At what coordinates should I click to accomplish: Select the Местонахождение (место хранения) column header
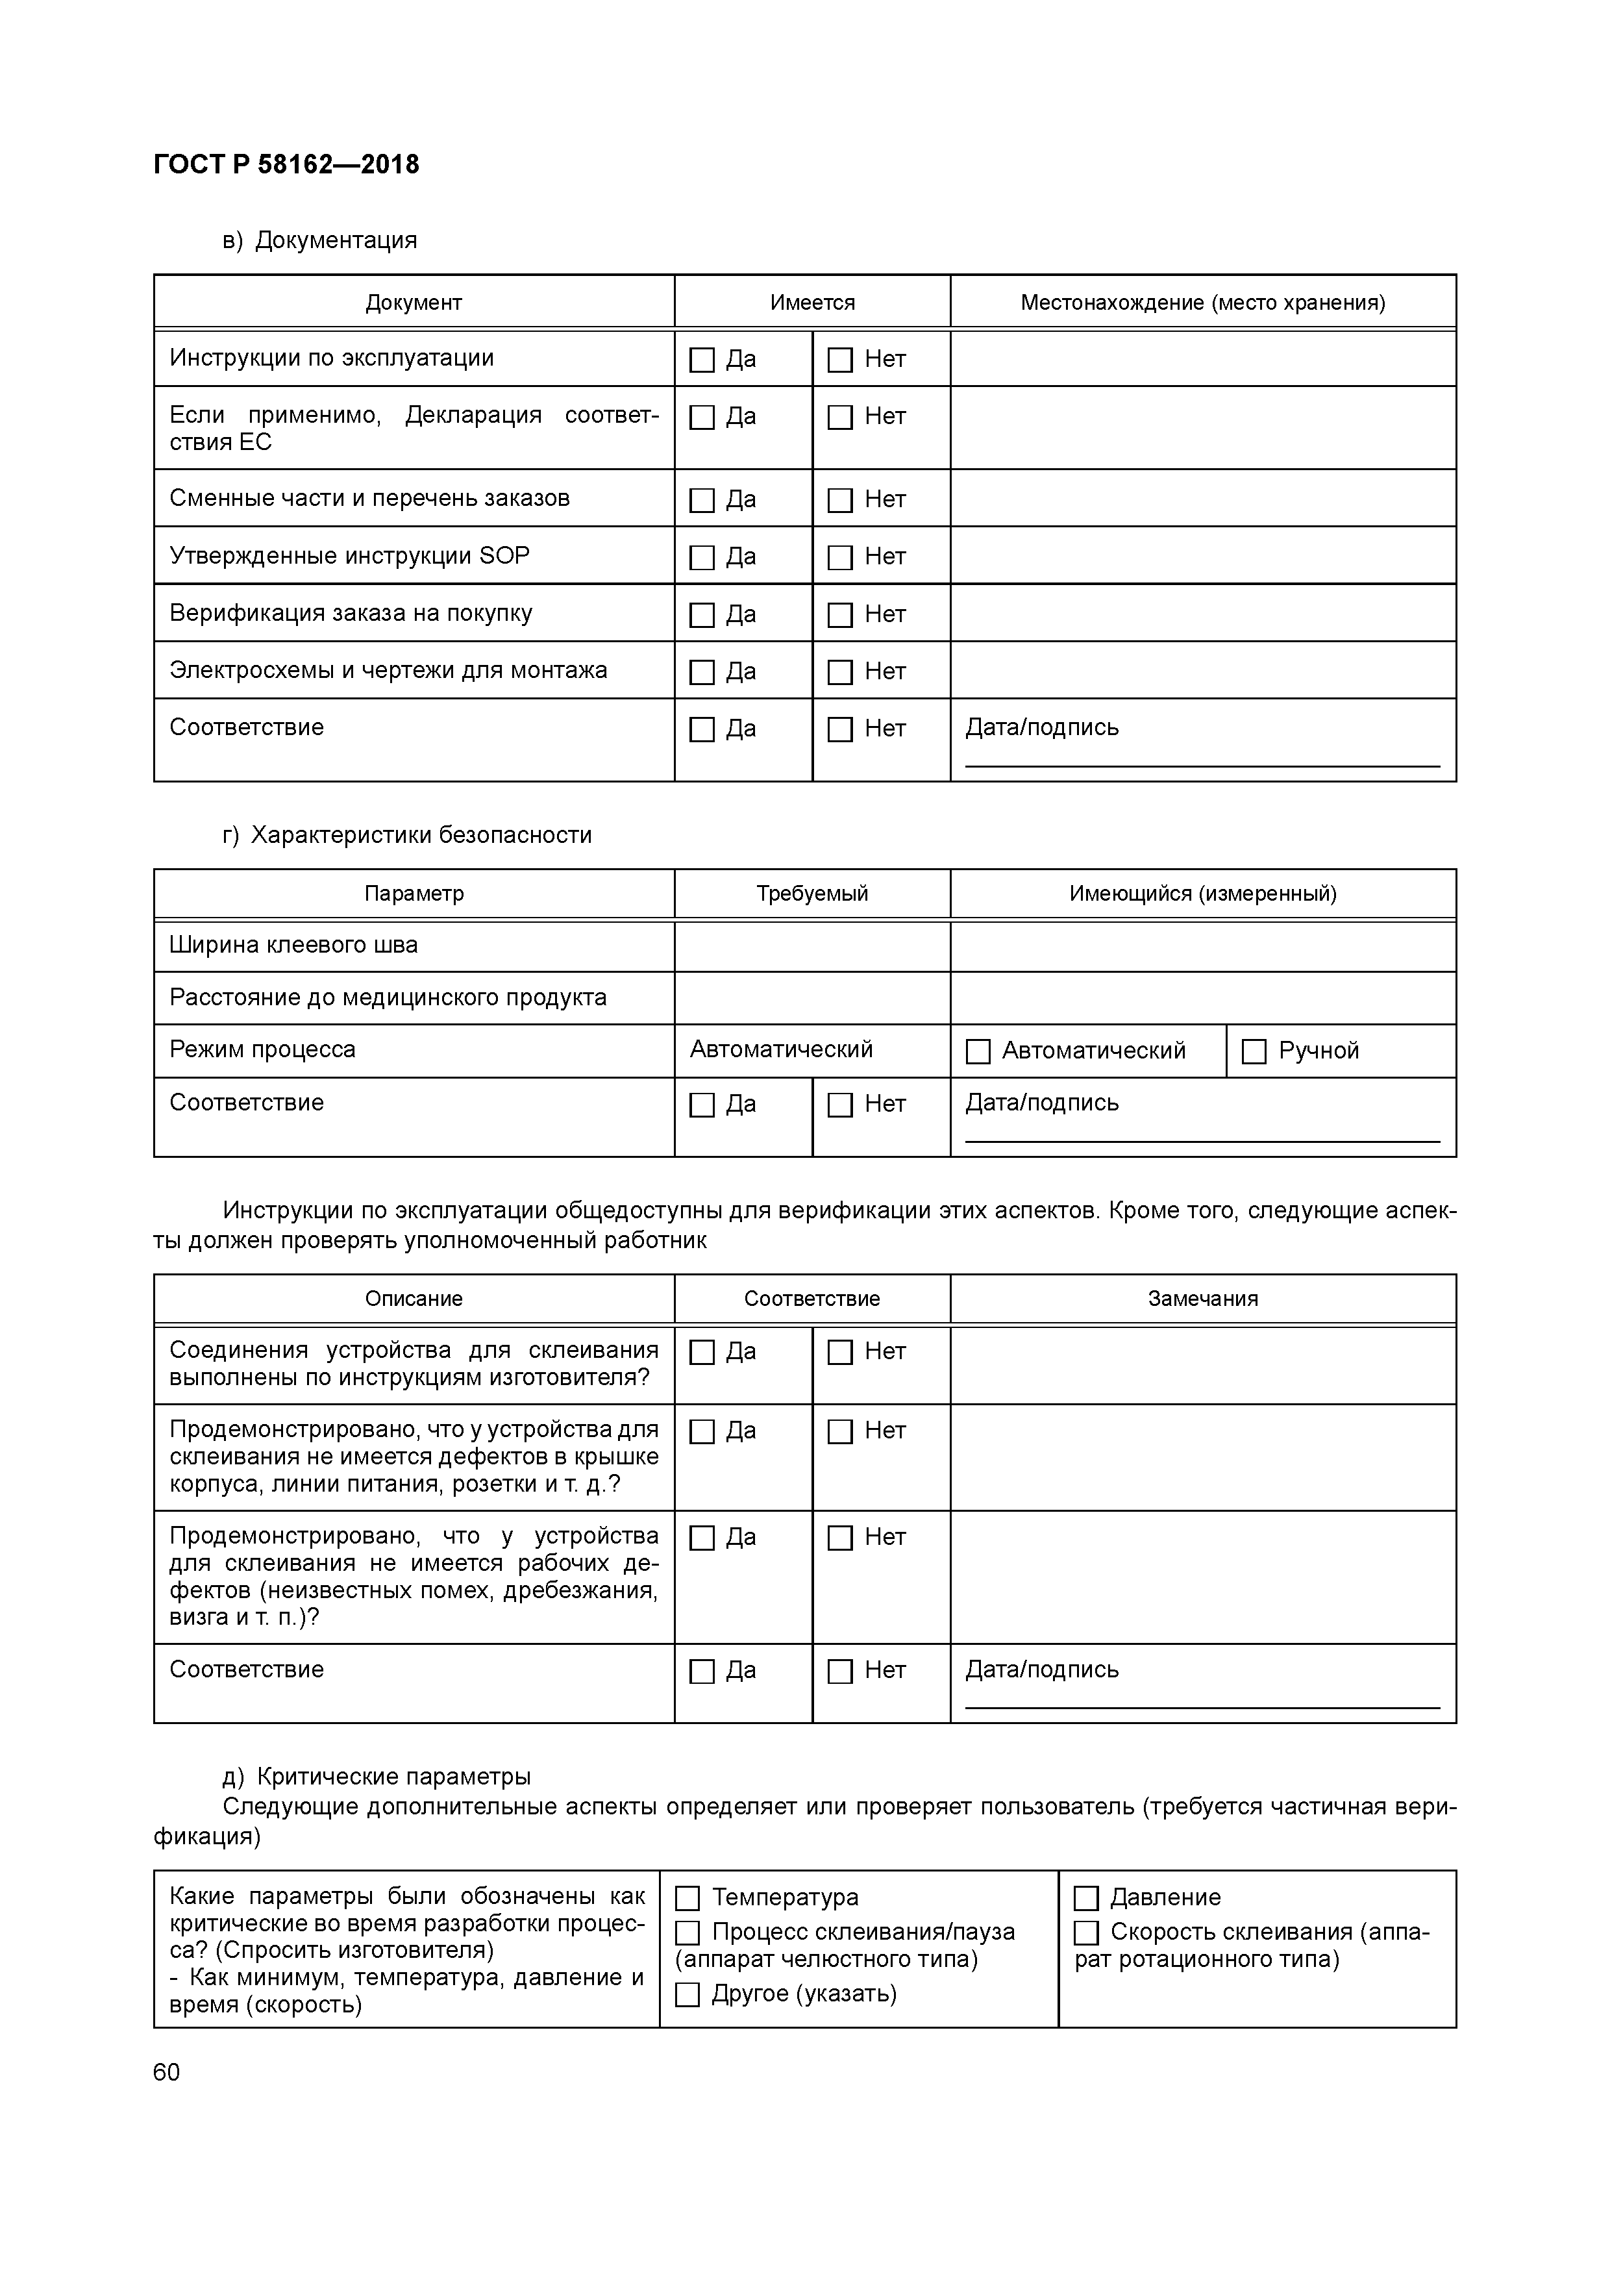[1202, 303]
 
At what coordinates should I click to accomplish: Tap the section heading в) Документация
[319, 240]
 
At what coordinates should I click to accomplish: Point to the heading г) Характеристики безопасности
[406, 834]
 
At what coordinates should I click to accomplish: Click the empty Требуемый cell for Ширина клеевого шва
[811, 945]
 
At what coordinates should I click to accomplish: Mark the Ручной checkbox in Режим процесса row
[1254, 1051]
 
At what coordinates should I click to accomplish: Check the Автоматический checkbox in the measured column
[978, 1051]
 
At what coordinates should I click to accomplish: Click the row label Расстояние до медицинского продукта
[388, 997]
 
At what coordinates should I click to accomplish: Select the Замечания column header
[1202, 1299]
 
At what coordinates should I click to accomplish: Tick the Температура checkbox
[687, 1899]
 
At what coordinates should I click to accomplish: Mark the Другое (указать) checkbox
[687, 1994]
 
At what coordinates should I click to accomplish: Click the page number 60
[167, 2071]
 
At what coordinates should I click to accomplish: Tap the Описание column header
[414, 1299]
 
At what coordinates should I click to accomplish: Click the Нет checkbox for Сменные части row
[839, 500]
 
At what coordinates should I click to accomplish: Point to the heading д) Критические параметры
[377, 1776]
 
